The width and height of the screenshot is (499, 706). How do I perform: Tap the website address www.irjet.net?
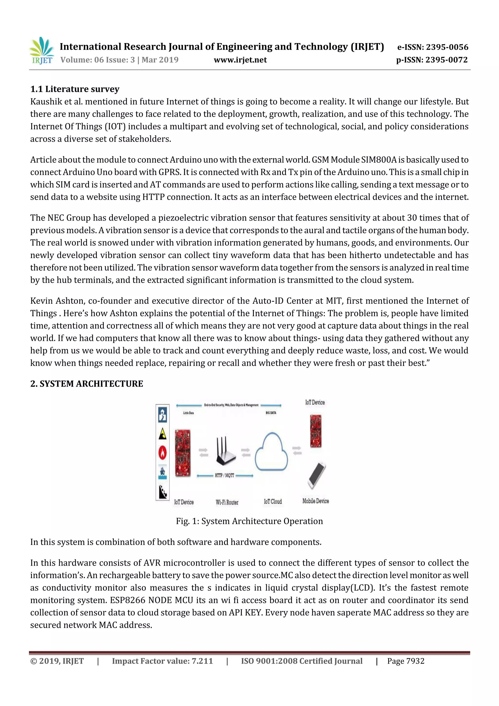[240, 60]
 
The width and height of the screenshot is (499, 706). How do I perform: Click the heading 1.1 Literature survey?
[75, 89]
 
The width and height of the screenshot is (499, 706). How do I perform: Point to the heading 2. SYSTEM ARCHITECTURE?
[87, 384]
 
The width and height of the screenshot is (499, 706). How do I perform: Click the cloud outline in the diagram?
[271, 452]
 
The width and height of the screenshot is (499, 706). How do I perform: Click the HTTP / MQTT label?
[224, 475]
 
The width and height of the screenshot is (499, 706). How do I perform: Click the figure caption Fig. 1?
[249, 521]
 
